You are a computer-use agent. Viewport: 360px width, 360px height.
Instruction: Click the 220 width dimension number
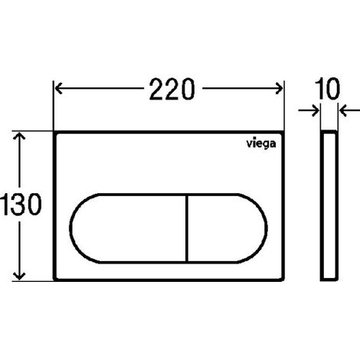[172, 89]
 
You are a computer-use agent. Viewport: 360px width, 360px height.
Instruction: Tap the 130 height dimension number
[21, 204]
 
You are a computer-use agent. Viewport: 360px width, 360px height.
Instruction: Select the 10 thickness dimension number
[327, 89]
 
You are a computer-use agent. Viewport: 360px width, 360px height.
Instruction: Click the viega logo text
[261, 144]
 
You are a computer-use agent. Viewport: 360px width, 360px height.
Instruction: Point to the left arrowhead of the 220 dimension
[58, 89]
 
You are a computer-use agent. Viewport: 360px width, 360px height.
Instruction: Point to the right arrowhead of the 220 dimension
[280, 89]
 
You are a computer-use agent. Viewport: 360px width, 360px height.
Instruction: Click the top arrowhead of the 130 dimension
[19, 136]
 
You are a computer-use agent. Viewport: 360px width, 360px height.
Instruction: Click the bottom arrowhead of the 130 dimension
[19, 277]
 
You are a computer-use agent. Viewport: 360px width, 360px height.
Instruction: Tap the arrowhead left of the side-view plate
[316, 110]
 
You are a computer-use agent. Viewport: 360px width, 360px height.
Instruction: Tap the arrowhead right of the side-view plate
[343, 110]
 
